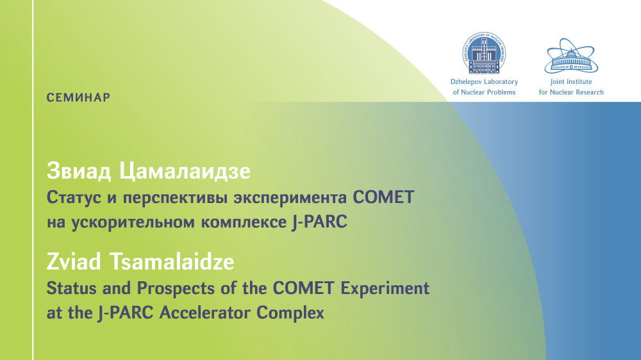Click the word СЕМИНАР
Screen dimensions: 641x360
pyautogui.click(x=78, y=97)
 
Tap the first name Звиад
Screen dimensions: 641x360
pyautogui.click(x=79, y=171)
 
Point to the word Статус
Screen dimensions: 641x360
pyautogui.click(x=74, y=197)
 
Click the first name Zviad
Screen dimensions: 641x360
pyautogui.click(x=74, y=261)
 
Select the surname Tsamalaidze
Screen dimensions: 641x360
pyautogui.click(x=172, y=261)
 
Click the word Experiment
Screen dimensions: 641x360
pyautogui.click(x=385, y=288)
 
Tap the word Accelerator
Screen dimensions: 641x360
pyautogui.click(x=204, y=313)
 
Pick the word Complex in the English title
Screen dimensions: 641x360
pyautogui.click(x=290, y=313)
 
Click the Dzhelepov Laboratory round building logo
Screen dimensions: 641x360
pyautogui.click(x=484, y=53)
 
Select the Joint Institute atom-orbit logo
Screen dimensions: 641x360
pyautogui.click(x=571, y=56)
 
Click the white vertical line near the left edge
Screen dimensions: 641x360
pyautogui.click(x=33, y=180)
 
